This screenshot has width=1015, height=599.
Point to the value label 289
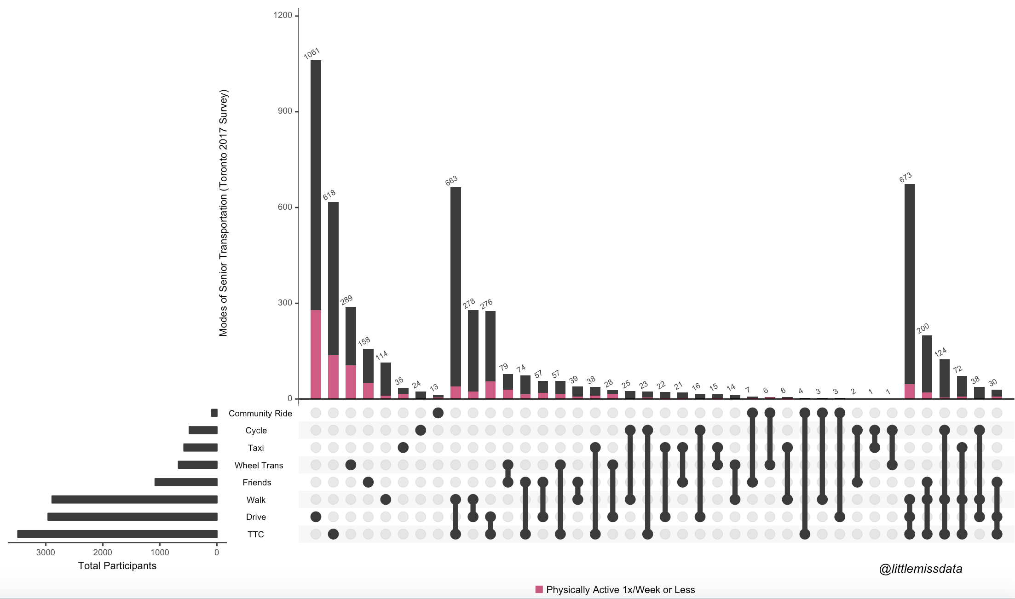click(346, 300)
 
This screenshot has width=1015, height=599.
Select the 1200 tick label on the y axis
click(283, 15)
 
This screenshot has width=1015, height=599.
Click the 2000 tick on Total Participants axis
click(103, 553)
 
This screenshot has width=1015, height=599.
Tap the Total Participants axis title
click(117, 566)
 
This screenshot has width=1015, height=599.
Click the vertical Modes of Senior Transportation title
click(223, 213)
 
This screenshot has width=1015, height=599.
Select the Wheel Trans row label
click(259, 465)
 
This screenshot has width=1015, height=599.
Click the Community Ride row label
click(260, 413)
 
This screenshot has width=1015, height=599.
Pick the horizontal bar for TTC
click(117, 534)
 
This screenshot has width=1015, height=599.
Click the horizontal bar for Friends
click(186, 482)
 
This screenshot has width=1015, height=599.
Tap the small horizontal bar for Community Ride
click(214, 413)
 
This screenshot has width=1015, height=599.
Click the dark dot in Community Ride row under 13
click(438, 413)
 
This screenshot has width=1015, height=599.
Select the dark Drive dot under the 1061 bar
click(316, 517)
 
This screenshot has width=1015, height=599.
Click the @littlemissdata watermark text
click(920, 569)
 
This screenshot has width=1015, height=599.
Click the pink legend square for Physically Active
click(539, 589)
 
